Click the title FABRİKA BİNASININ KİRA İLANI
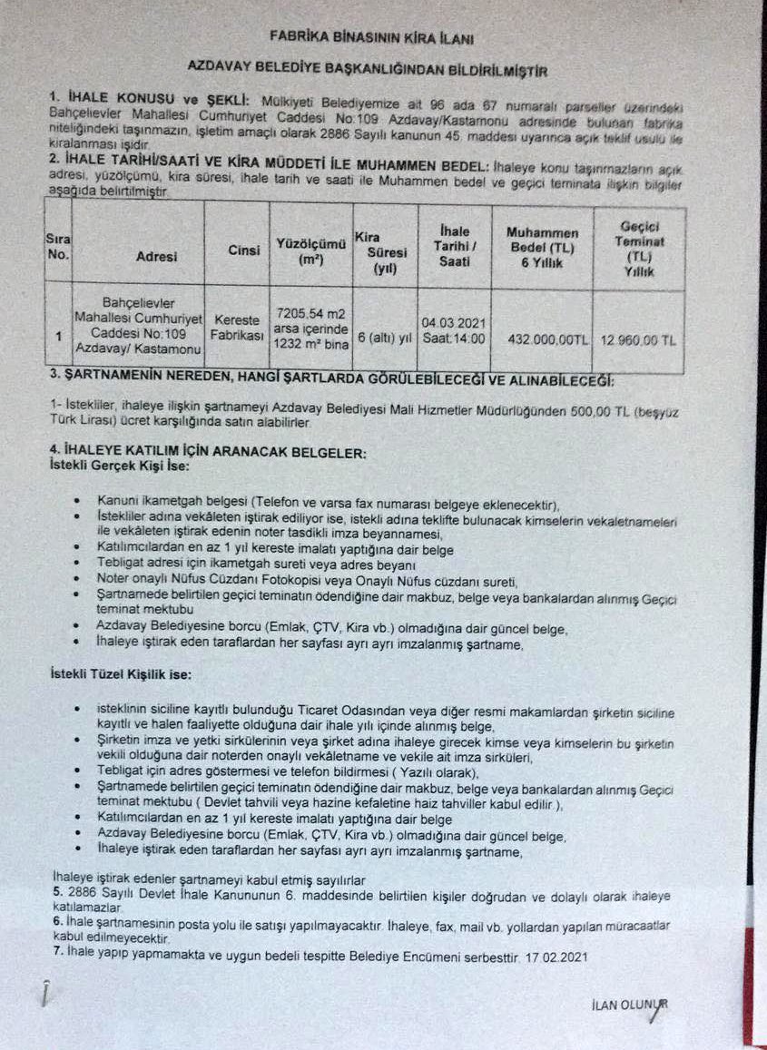click(371, 37)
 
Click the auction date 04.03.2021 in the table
click(453, 322)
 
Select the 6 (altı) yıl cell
click(384, 338)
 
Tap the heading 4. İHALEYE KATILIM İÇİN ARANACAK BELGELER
click(209, 452)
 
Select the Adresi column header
click(156, 257)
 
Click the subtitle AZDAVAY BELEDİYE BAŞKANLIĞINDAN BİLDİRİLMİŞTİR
click(368, 67)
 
